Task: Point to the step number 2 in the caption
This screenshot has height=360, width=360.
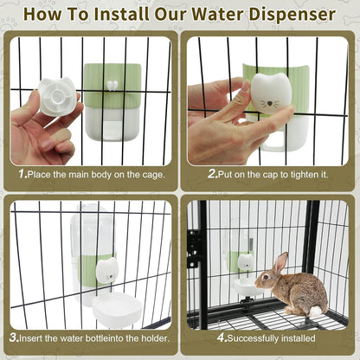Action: (211, 174)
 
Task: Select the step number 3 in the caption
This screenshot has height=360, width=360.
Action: (16, 337)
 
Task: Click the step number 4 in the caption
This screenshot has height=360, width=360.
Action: (221, 337)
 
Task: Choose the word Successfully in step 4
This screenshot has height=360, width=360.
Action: (254, 337)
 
